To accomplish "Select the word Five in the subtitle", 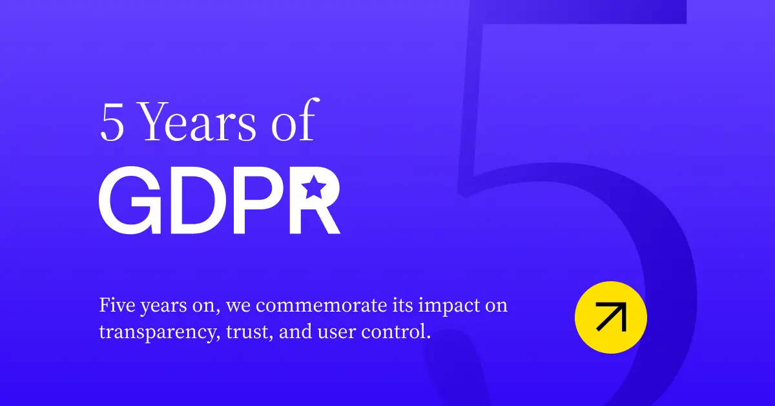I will [117, 305].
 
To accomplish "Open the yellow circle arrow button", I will [610, 317].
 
